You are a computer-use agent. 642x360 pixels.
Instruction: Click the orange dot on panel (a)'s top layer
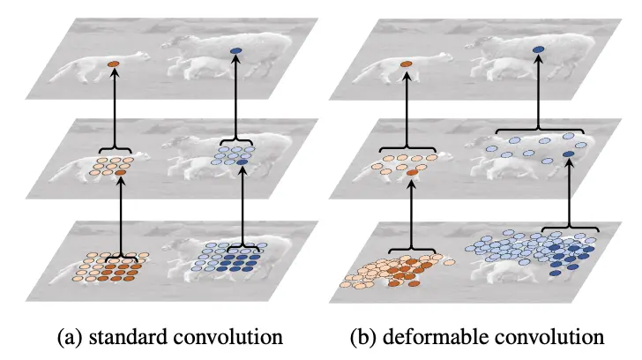(112, 64)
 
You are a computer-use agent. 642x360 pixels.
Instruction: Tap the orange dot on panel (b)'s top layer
(406, 64)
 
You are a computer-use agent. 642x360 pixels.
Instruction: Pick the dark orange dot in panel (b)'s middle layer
(412, 174)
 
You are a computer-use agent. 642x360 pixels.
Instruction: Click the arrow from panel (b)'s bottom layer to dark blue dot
(569, 199)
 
